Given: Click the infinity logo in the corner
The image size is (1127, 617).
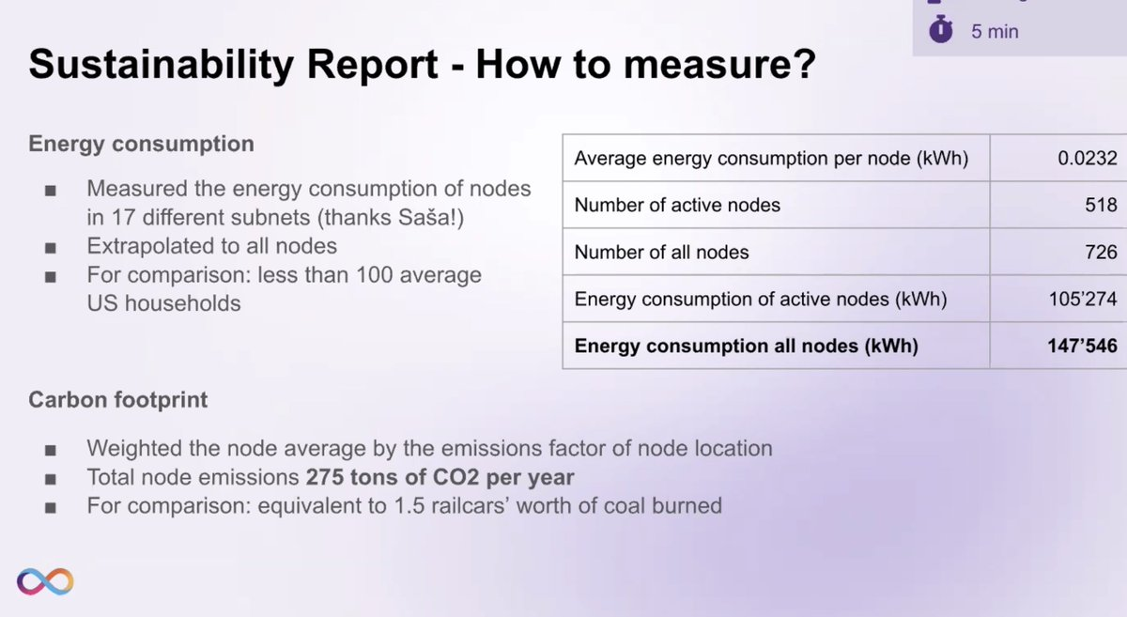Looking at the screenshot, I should coord(43,581).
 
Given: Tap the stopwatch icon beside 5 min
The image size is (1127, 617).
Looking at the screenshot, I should coord(941,30).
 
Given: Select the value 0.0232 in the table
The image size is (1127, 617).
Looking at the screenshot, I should coord(1087,159).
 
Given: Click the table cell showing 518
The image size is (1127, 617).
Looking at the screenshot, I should coord(1100,205).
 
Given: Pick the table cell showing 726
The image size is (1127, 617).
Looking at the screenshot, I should coord(1100,252).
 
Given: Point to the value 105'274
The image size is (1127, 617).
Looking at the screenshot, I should coord(1082,300).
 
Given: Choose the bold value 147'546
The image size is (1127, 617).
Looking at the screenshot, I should coord(1082,346).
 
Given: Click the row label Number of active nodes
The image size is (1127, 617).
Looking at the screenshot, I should coord(677,205).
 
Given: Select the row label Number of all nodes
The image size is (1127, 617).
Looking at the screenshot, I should coord(661,252).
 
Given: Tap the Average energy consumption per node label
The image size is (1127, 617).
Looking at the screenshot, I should coord(770,159).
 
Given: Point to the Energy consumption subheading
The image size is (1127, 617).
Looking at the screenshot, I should coord(141,144).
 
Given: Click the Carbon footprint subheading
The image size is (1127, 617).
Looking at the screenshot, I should coord(117,400).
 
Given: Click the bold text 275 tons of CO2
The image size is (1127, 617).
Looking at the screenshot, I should coord(396,477).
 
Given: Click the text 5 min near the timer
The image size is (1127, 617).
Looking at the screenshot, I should coord(995,31).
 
